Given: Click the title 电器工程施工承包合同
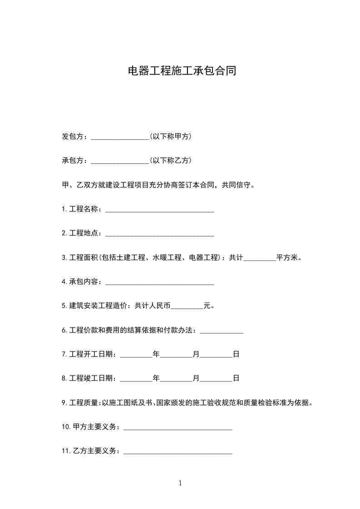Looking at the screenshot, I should (182, 71).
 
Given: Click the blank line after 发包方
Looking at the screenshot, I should (120, 137).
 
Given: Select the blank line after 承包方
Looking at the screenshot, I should (120, 161).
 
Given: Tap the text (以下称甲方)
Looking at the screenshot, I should (170, 136).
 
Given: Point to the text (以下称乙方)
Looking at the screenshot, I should (170, 160).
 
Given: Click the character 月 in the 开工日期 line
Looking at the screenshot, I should (196, 354).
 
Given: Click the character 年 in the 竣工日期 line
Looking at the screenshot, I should (156, 378).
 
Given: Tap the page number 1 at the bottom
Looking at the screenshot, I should (180, 483).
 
